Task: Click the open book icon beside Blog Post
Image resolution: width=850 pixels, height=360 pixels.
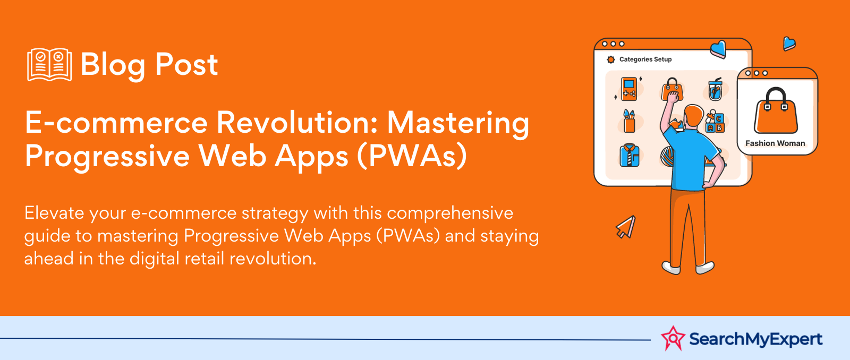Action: coord(49,64)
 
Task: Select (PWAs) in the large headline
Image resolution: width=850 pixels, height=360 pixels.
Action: coord(412,156)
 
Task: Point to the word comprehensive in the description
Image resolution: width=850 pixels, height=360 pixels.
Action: coord(450,213)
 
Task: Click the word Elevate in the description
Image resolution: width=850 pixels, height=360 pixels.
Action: coord(54,213)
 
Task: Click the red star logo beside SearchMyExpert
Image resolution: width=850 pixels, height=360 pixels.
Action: coord(673,338)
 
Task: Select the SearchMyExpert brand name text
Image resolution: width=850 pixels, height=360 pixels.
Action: coord(755,339)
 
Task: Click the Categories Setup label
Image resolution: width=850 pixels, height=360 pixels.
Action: coord(645,59)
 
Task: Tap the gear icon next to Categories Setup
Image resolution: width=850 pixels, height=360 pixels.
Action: coord(610,59)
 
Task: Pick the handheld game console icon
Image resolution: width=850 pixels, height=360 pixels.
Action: coord(629,89)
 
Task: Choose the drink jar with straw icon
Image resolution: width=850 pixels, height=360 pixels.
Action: coord(715,90)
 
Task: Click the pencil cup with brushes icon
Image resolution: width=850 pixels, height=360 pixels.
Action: coord(629,121)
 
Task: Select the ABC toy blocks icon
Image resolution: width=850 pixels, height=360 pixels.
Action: coord(715,122)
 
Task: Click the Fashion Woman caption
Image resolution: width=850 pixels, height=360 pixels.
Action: coord(775,143)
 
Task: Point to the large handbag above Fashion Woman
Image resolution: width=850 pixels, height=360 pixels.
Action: coord(776,111)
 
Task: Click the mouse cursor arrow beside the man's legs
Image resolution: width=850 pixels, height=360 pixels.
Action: coord(626,227)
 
